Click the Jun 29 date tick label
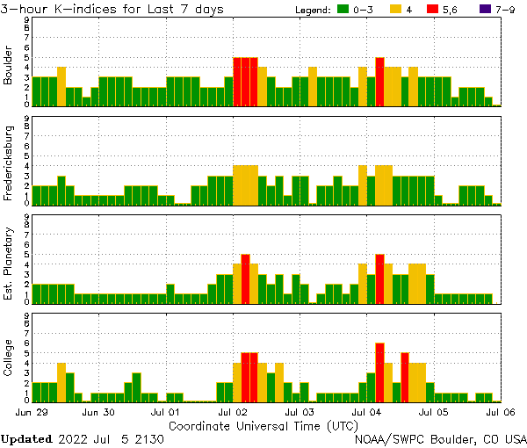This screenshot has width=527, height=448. [32, 411]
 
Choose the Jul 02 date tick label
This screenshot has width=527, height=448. [233, 411]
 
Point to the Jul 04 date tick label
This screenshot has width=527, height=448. [366, 411]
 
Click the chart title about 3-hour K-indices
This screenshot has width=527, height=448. [112, 9]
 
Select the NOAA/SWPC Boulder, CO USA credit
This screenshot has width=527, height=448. [440, 438]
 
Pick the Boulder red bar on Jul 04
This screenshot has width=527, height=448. [379, 81]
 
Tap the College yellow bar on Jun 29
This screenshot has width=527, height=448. [61, 381]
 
